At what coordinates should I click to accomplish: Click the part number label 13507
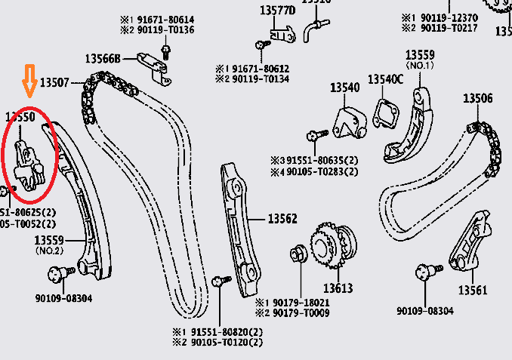coord(55,82)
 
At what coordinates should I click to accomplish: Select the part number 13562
coord(282,219)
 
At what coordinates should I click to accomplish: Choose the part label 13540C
coord(386,79)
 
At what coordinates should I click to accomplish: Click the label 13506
coord(477,98)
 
